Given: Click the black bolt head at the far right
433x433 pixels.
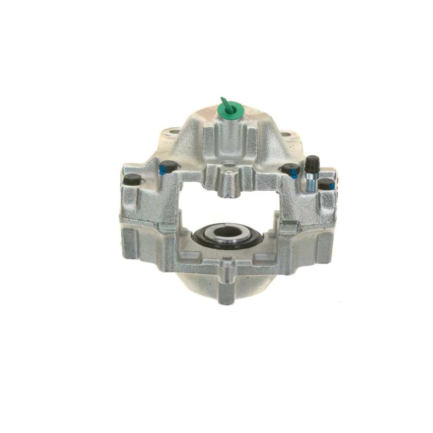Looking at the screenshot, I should click(326, 183).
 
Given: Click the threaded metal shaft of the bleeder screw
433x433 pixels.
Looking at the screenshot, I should click(310, 184).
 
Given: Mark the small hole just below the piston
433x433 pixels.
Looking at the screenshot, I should click(227, 258).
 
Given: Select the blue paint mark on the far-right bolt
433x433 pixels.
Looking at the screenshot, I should click(334, 186).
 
